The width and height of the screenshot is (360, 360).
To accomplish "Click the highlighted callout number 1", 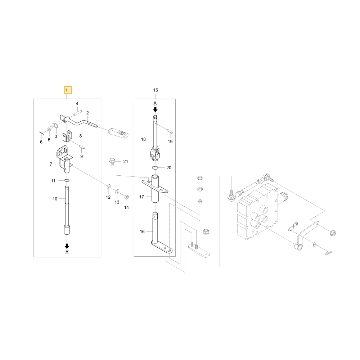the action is [x=68, y=90].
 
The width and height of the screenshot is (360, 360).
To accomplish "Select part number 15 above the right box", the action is [x=156, y=90].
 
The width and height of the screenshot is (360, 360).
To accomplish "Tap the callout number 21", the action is [x=126, y=162].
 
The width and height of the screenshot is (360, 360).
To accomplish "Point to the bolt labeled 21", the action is [x=112, y=161].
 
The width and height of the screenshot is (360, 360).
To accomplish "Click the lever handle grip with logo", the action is [x=118, y=133].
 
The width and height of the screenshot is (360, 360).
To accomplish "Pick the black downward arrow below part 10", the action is [x=67, y=246].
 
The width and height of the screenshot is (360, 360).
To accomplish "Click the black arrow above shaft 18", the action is [x=156, y=109].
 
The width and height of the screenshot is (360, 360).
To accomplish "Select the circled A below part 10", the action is [x=67, y=252].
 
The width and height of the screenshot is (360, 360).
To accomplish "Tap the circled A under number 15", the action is [x=155, y=104].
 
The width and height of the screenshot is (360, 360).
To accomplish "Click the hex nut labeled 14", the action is [x=126, y=197].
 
